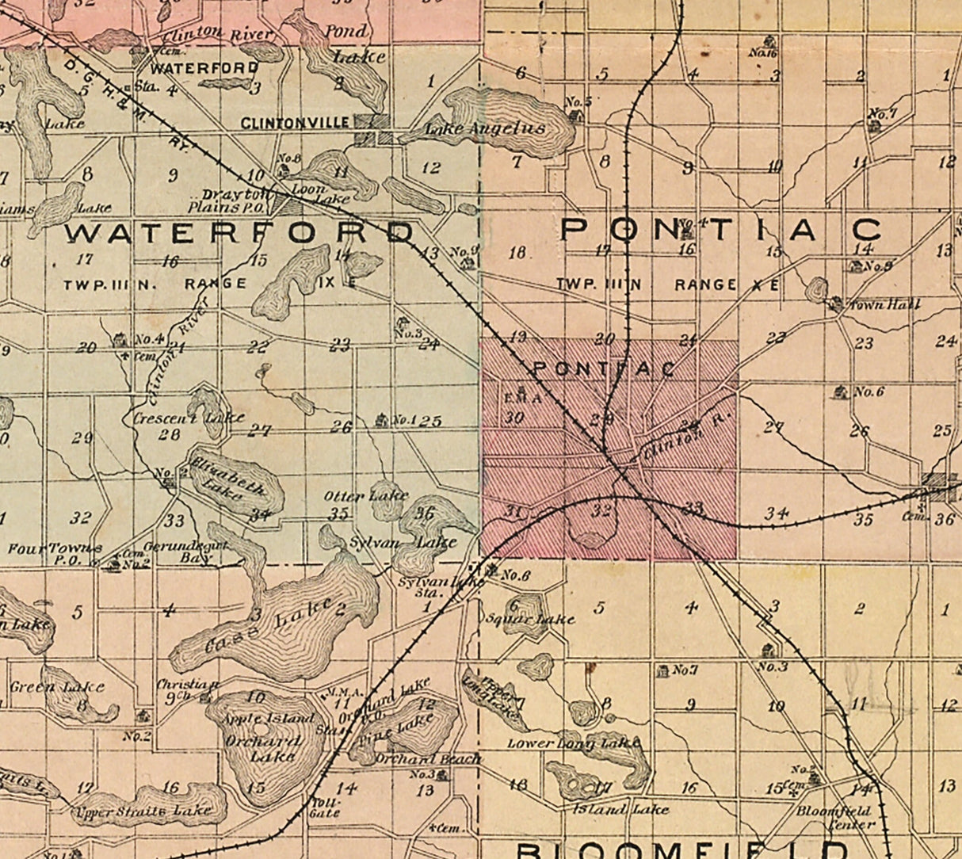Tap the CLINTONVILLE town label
[x=295, y=123]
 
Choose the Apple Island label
[x=258, y=718]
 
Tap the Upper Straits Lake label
[x=143, y=811]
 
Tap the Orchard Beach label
[x=428, y=758]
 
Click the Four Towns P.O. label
[x=54, y=553]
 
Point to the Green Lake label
[x=57, y=686]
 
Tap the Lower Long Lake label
[x=573, y=743]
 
